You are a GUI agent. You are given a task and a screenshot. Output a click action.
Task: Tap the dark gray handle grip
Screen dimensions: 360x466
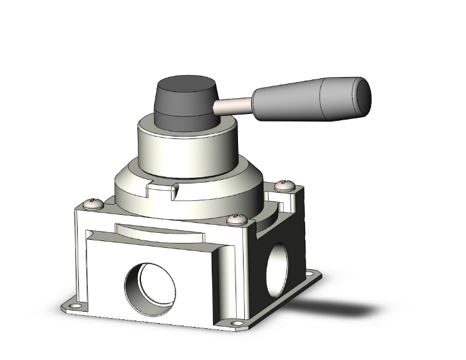pos(307,97)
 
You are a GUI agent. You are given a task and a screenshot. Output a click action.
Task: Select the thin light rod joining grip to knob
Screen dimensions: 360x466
pos(234,106)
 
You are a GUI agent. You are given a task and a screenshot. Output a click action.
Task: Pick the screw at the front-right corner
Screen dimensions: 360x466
pos(236,219)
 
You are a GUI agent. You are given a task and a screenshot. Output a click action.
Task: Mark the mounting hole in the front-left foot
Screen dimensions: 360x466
pos(78,307)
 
